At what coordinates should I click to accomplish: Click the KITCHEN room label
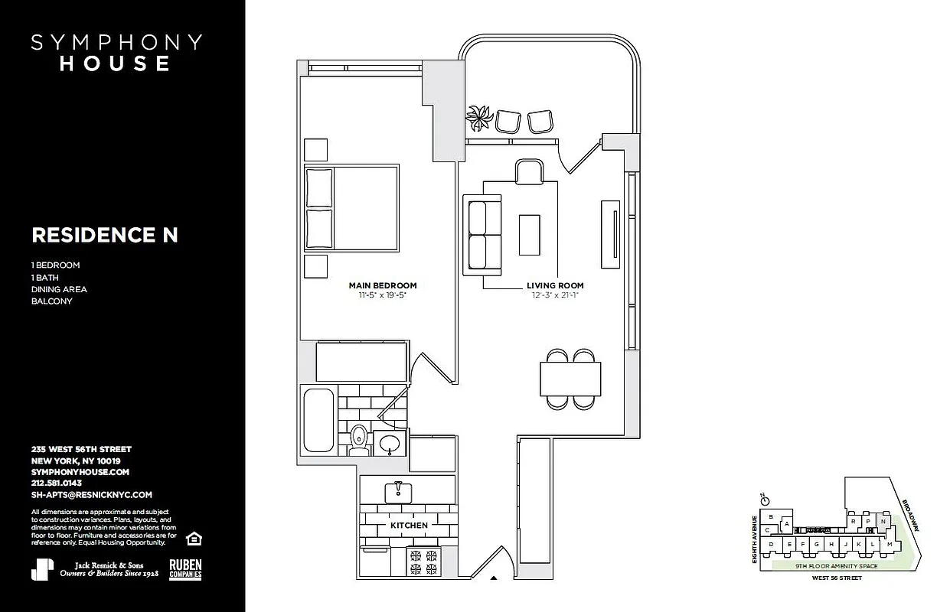click(409, 526)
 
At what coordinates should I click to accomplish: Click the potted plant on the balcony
click(479, 119)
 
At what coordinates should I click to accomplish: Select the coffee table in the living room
click(529, 234)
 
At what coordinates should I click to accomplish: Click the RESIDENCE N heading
click(105, 235)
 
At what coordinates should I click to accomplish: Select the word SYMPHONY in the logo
click(116, 42)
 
